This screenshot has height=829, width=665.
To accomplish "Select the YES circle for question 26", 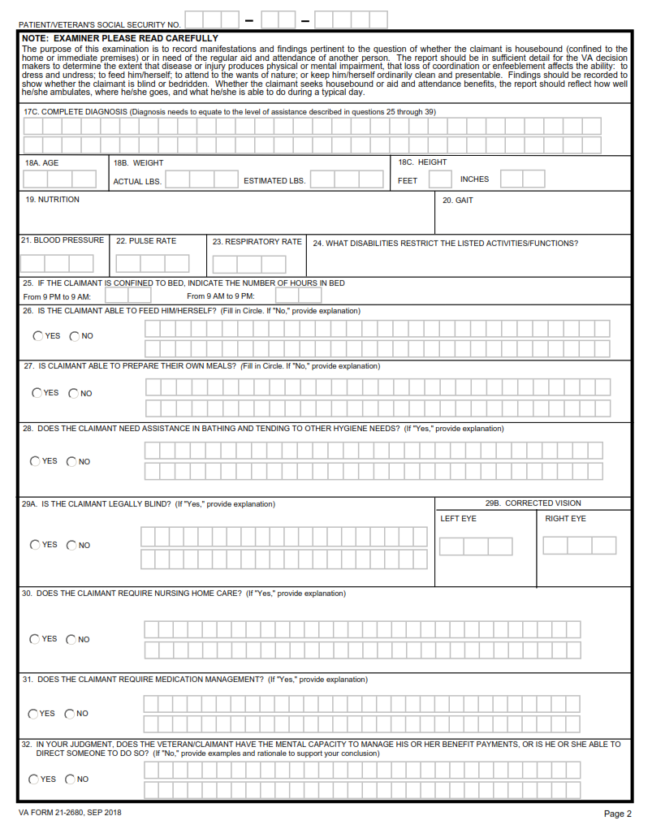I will (x=37, y=336).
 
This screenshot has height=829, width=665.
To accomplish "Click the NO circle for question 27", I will (x=73, y=394).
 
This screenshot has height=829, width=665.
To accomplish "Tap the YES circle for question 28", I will (x=35, y=461).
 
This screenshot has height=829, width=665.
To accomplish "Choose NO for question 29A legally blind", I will (x=71, y=546).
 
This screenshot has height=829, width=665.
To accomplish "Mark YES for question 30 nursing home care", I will (x=35, y=639).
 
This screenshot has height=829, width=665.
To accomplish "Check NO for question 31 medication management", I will (x=70, y=714).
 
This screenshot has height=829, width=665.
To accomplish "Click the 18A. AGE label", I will (x=41, y=162).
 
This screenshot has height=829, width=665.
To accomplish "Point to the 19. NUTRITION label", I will (x=52, y=200).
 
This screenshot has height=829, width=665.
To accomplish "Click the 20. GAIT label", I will (x=457, y=201).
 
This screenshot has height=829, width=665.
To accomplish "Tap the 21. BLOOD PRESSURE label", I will (x=63, y=240).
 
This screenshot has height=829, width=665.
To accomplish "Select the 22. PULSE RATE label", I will (x=146, y=241).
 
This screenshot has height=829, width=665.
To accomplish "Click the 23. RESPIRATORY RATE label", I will (x=257, y=242).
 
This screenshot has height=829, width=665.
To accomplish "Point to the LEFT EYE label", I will (x=458, y=519).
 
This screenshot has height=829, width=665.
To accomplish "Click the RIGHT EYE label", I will (x=565, y=519).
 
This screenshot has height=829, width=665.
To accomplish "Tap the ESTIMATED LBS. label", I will (x=274, y=181).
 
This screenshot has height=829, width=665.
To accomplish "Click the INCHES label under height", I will (x=474, y=179).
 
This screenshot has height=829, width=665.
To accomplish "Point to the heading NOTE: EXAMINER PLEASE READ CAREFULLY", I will (x=120, y=38).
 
